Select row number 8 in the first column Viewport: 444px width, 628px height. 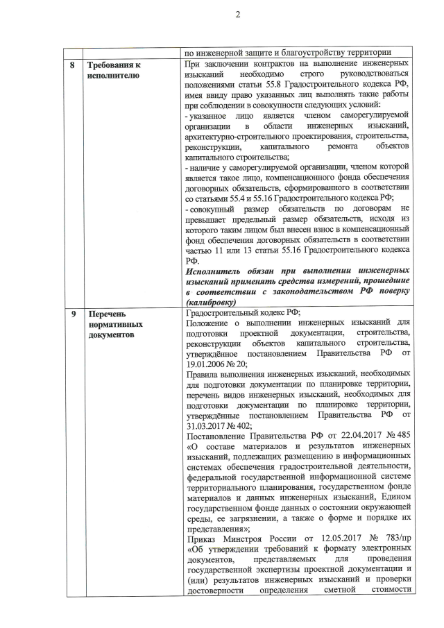click(x=74, y=65)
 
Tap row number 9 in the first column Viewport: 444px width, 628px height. click(x=74, y=313)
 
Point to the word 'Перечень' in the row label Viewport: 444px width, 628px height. click(x=108, y=313)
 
